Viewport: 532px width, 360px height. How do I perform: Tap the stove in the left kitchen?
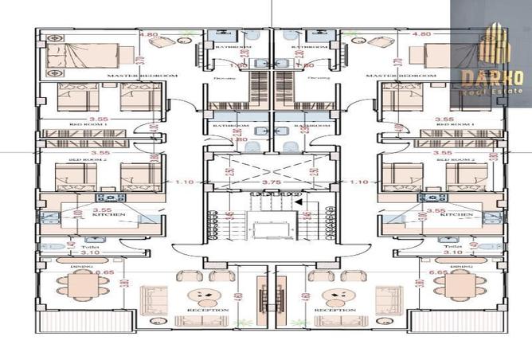pyautogui.click(x=107, y=198)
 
